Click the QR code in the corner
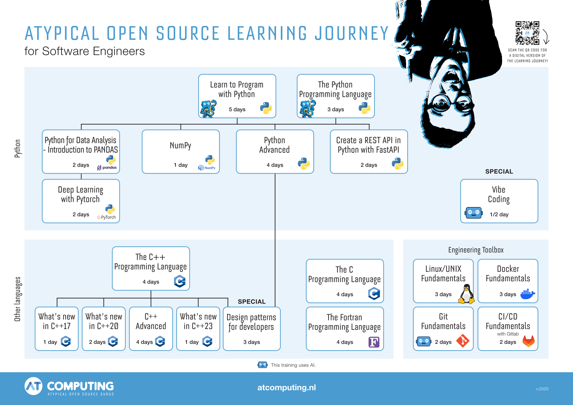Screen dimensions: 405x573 click(527, 33)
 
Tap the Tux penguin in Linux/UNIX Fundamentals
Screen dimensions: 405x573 click(466, 294)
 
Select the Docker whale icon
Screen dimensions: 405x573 click(527, 294)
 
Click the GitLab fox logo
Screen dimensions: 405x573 click(529, 341)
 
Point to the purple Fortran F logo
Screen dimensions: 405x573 click(374, 342)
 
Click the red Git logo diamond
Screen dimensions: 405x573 click(463, 341)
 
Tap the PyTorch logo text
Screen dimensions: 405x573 click(107, 217)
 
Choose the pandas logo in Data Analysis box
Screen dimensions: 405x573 click(107, 168)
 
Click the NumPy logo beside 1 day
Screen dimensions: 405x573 click(207, 168)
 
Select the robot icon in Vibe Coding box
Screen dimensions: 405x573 click(474, 213)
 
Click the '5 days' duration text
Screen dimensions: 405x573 click(237, 109)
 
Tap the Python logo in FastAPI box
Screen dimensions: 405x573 click(398, 163)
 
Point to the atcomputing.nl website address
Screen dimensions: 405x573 click(286, 387)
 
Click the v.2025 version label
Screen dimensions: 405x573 click(542, 389)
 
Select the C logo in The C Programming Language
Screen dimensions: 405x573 click(374, 293)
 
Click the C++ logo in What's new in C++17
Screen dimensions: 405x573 click(66, 341)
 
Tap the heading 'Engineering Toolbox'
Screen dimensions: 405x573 click(476, 250)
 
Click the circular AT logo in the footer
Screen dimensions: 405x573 click(33, 386)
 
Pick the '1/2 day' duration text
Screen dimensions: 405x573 click(499, 214)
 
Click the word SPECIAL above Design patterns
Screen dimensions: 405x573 click(252, 302)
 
